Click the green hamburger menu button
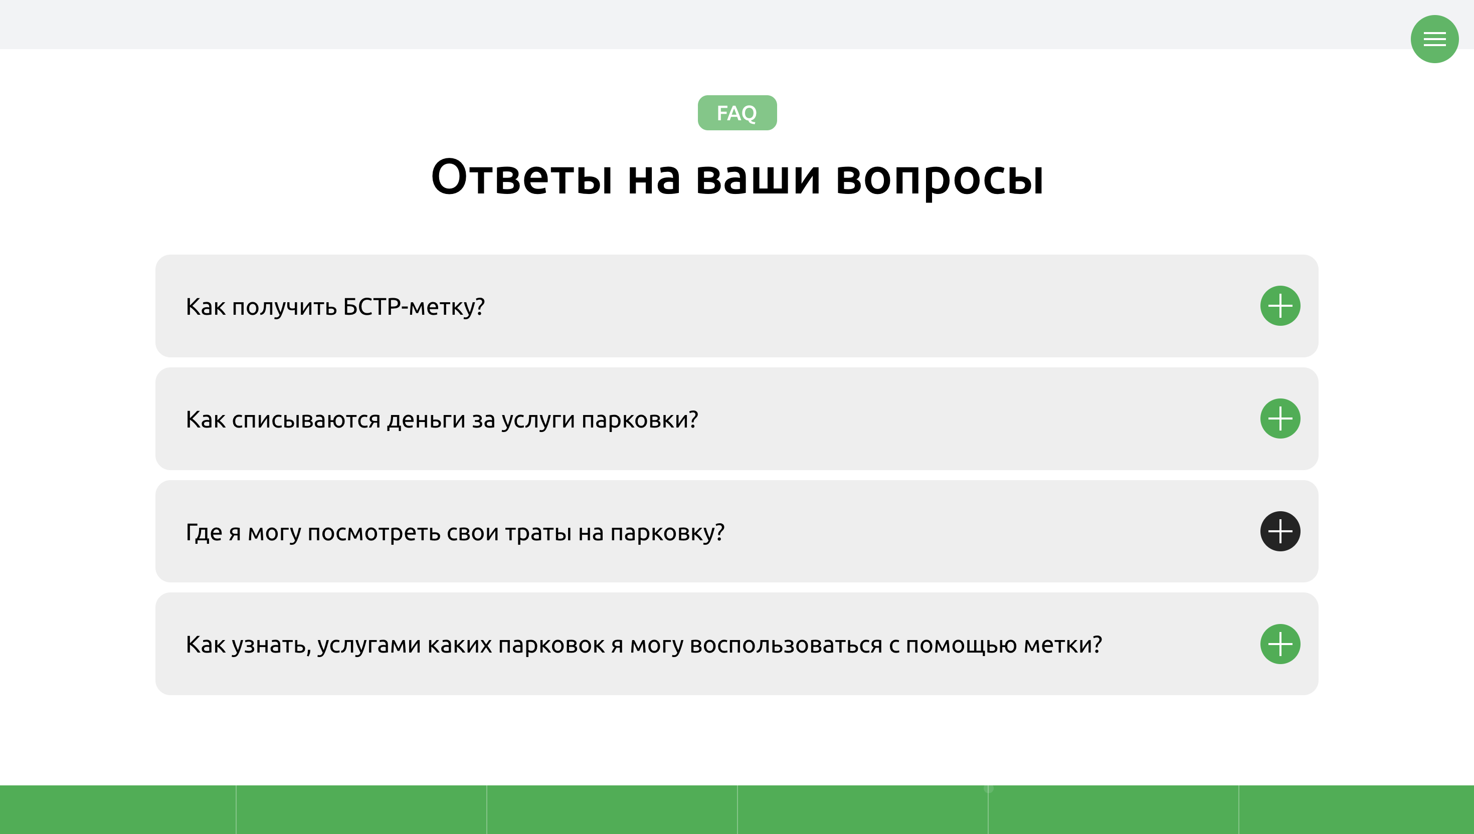click(1434, 39)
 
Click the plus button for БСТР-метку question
click(1280, 306)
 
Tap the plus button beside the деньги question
click(1280, 419)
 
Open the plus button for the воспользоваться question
click(1280, 645)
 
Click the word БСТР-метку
click(414, 307)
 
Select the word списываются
click(306, 421)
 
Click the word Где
click(204, 533)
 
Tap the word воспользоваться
click(786, 646)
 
